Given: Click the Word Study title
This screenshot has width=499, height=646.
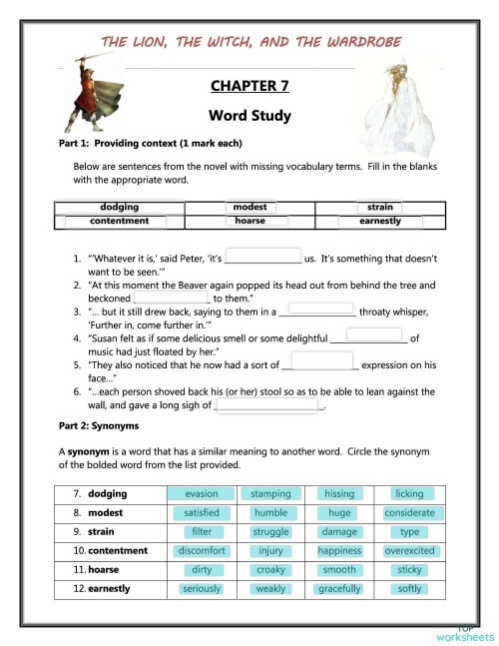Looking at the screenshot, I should tap(249, 116).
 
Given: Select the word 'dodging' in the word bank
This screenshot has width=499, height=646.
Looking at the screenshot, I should tap(120, 207).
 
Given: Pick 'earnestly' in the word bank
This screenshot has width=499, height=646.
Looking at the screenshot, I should tap(380, 221).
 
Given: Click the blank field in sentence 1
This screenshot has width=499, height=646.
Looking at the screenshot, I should tap(264, 257).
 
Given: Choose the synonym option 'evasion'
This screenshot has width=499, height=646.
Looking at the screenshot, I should tap(202, 493).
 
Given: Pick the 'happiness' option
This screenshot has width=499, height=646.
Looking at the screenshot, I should tap(339, 550).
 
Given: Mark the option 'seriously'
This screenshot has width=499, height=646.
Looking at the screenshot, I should tap(202, 588).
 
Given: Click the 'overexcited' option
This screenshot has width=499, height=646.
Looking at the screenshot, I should tap(409, 550).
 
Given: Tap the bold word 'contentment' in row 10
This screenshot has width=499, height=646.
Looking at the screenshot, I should tap(118, 550).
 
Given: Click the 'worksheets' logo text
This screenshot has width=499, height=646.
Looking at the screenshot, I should tap(464, 636).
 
